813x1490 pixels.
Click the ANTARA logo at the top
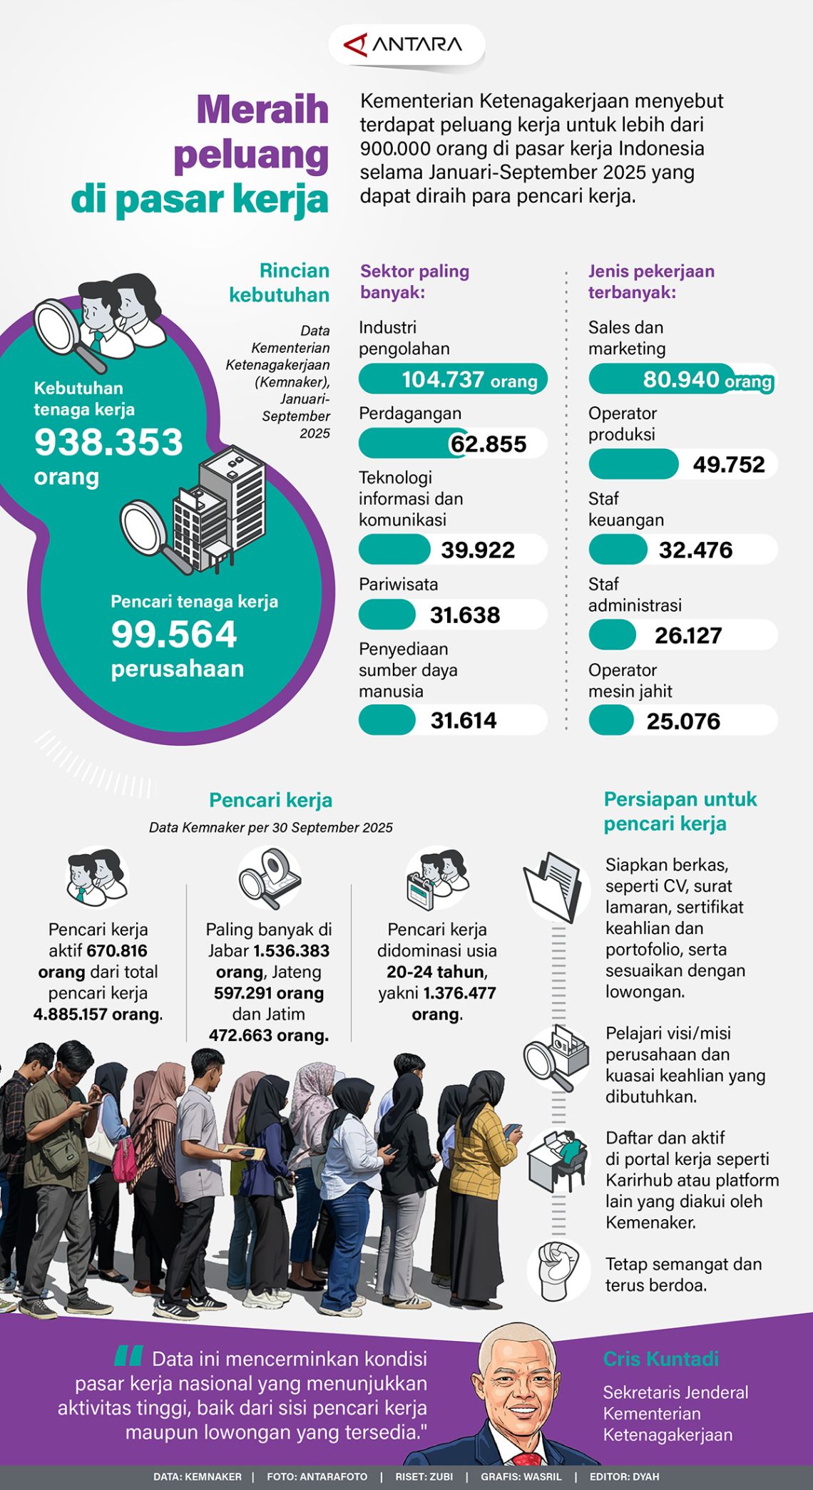pyautogui.click(x=405, y=45)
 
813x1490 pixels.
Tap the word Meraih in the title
pyautogui.click(x=262, y=110)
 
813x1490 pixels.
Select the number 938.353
pyautogui.click(x=108, y=442)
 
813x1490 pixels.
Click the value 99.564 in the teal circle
pyautogui.click(x=173, y=634)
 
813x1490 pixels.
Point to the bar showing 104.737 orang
pyautogui.click(x=453, y=379)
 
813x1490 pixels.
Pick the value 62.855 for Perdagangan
pyautogui.click(x=489, y=444)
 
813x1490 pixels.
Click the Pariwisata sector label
pyautogui.click(x=398, y=585)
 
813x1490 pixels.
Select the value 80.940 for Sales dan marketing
pyautogui.click(x=681, y=379)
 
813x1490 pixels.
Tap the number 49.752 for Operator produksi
pyautogui.click(x=728, y=465)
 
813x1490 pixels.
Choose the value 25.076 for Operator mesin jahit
pyautogui.click(x=683, y=721)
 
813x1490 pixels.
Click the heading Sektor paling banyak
pyautogui.click(x=414, y=281)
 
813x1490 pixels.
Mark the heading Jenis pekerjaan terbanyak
pyautogui.click(x=650, y=281)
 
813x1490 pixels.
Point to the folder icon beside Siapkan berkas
pyautogui.click(x=553, y=887)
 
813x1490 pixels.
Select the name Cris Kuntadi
pyautogui.click(x=660, y=1359)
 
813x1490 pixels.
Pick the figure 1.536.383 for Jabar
pyautogui.click(x=291, y=950)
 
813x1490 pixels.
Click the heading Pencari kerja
pyautogui.click(x=270, y=800)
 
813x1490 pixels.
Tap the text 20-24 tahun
pyautogui.click(x=436, y=972)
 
